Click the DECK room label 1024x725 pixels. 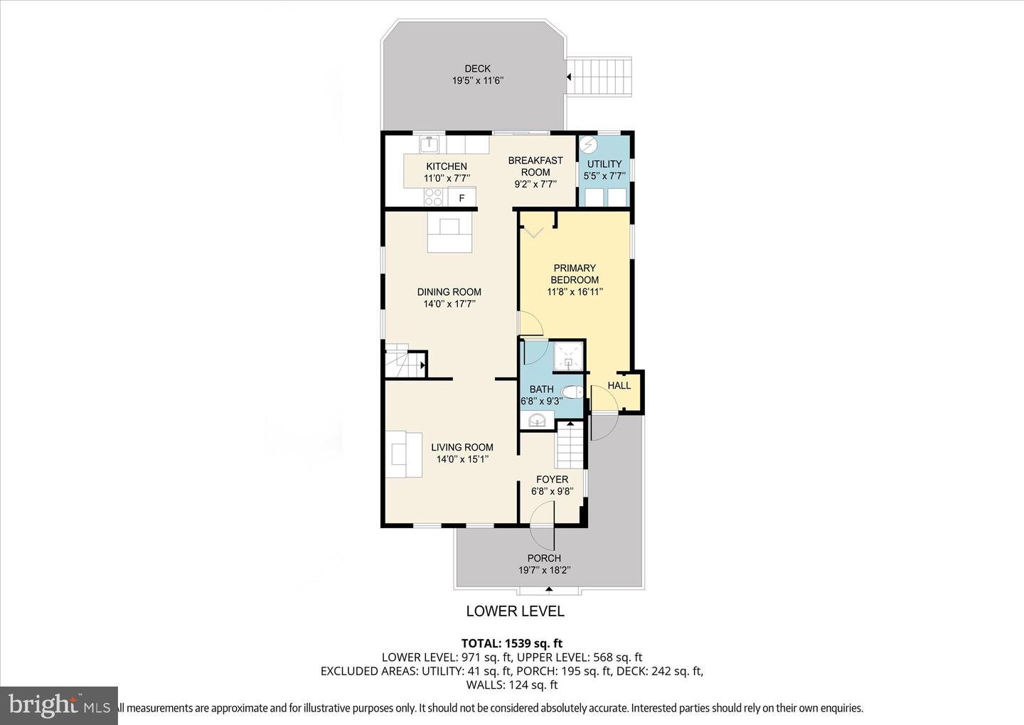[x=477, y=69]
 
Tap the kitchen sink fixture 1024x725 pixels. [x=429, y=144]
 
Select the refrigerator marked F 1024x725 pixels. [x=462, y=198]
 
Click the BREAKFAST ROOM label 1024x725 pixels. [x=535, y=166]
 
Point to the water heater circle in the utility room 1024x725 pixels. [x=588, y=146]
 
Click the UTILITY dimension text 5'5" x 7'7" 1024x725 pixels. [x=604, y=176]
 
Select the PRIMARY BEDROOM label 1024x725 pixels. [x=575, y=274]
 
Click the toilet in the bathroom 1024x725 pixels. [x=572, y=392]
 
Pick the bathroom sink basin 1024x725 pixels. [x=537, y=421]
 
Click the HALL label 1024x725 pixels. [x=619, y=385]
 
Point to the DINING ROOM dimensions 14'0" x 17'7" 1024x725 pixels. [x=449, y=304]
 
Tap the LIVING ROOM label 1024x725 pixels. [x=462, y=447]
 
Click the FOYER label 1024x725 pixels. [x=552, y=480]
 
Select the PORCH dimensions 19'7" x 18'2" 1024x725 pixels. [x=544, y=570]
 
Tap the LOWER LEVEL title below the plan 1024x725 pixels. [x=515, y=611]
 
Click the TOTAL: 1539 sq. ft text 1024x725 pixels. [x=511, y=644]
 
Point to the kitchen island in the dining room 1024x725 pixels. [x=449, y=235]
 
